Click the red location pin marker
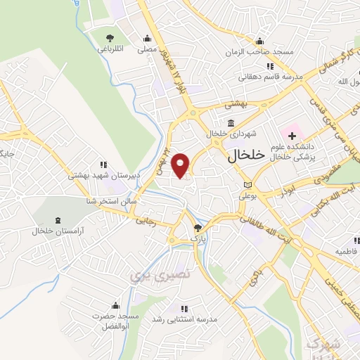click(x=181, y=165)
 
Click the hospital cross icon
click(x=292, y=134)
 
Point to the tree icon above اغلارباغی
click(x=109, y=38)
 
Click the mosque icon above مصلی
click(x=147, y=39)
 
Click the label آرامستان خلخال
click(x=57, y=231)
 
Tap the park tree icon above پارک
click(x=198, y=228)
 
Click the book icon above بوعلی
click(x=247, y=185)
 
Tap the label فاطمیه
click(x=347, y=251)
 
